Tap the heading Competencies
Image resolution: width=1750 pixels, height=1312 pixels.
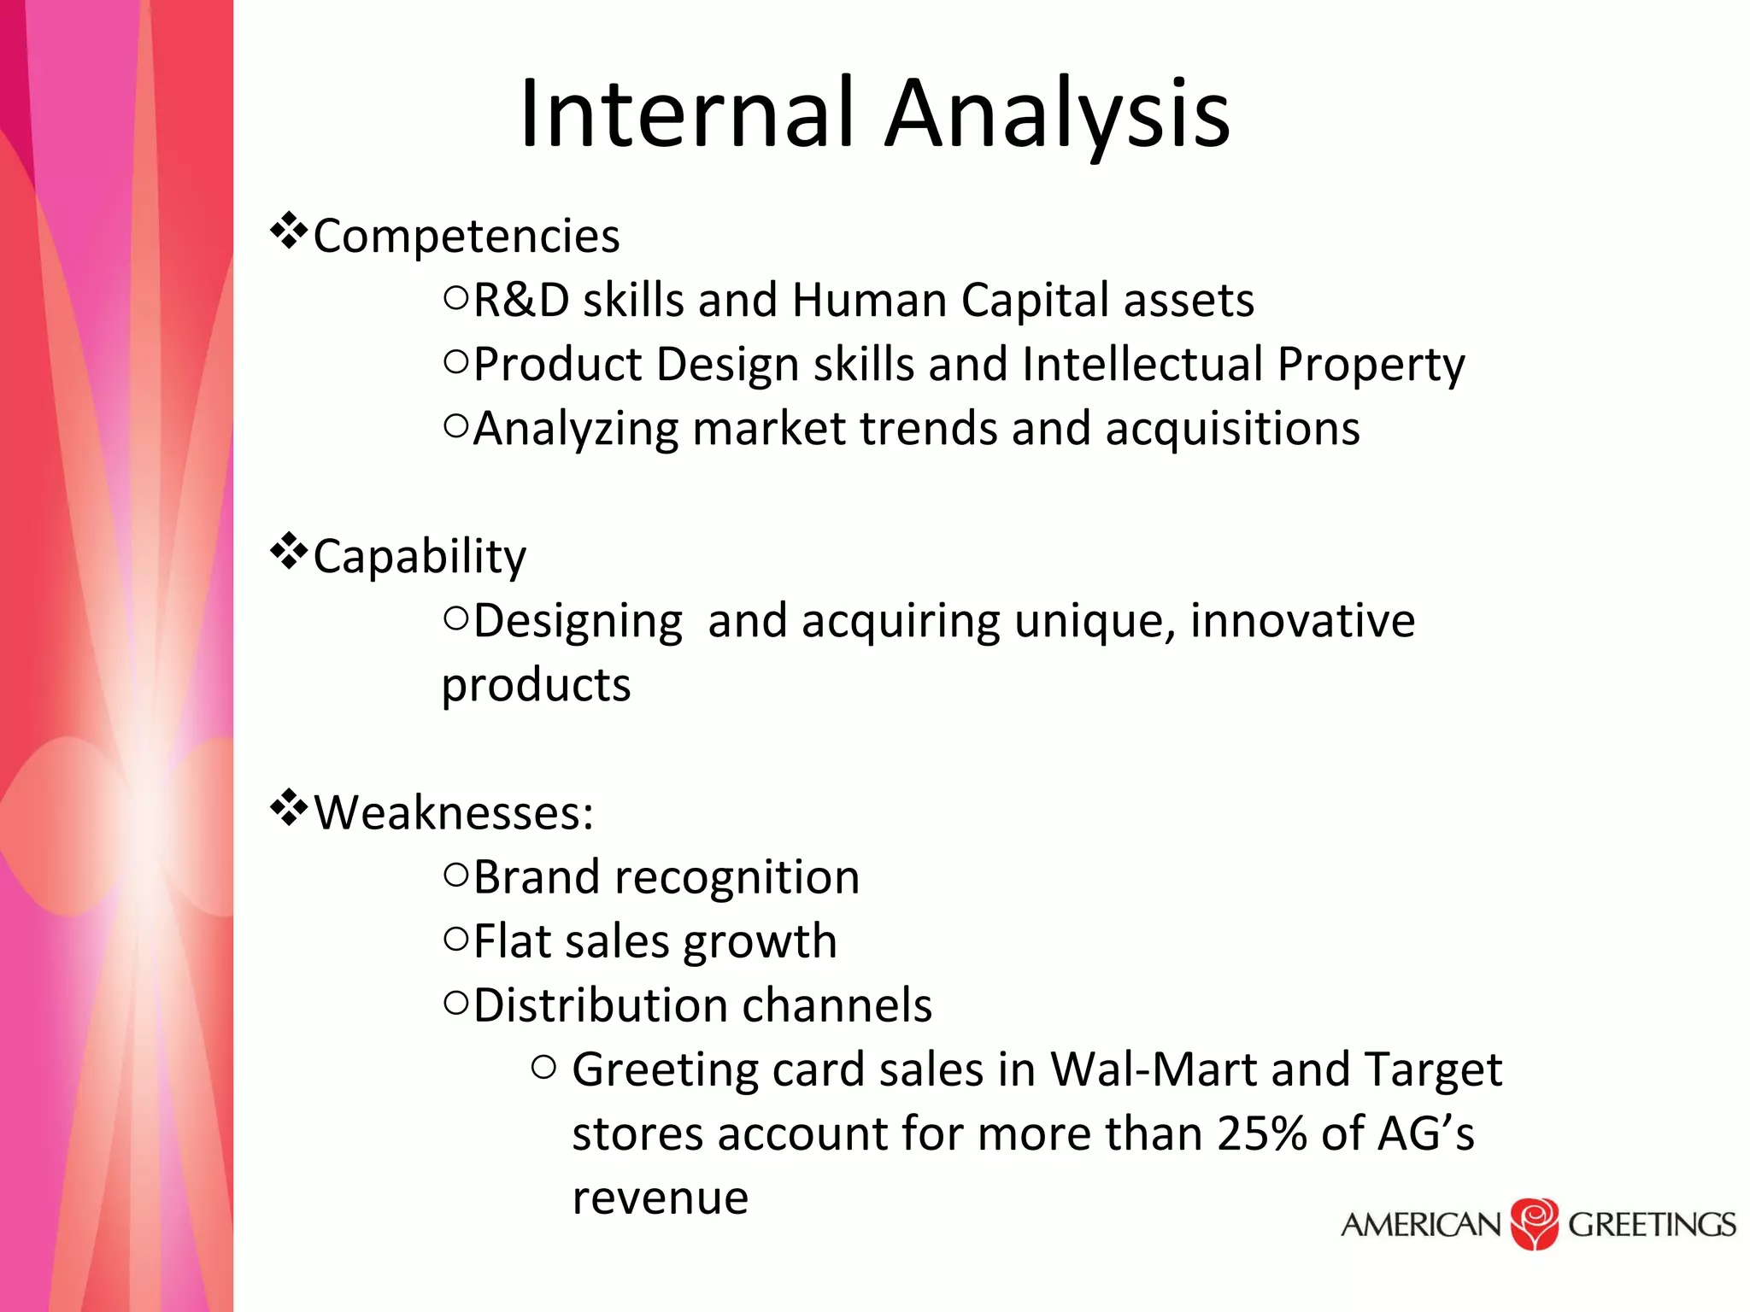(x=466, y=237)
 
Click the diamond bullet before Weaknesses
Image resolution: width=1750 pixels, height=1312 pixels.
(x=289, y=807)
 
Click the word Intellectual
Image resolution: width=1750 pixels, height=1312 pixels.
(x=1142, y=365)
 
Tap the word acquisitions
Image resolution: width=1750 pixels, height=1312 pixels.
(x=1231, y=429)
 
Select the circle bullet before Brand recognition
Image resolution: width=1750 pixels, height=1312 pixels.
(x=456, y=874)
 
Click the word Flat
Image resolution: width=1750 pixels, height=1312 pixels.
(x=511, y=941)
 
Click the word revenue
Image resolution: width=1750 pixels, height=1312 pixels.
(x=660, y=1198)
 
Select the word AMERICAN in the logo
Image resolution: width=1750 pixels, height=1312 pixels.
(x=1420, y=1225)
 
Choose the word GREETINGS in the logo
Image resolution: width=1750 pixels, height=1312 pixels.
(x=1651, y=1225)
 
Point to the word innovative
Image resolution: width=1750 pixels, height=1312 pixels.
(x=1302, y=621)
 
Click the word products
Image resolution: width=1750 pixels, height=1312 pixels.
(x=536, y=685)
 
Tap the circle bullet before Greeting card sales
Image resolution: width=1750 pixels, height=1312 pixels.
(x=543, y=1067)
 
